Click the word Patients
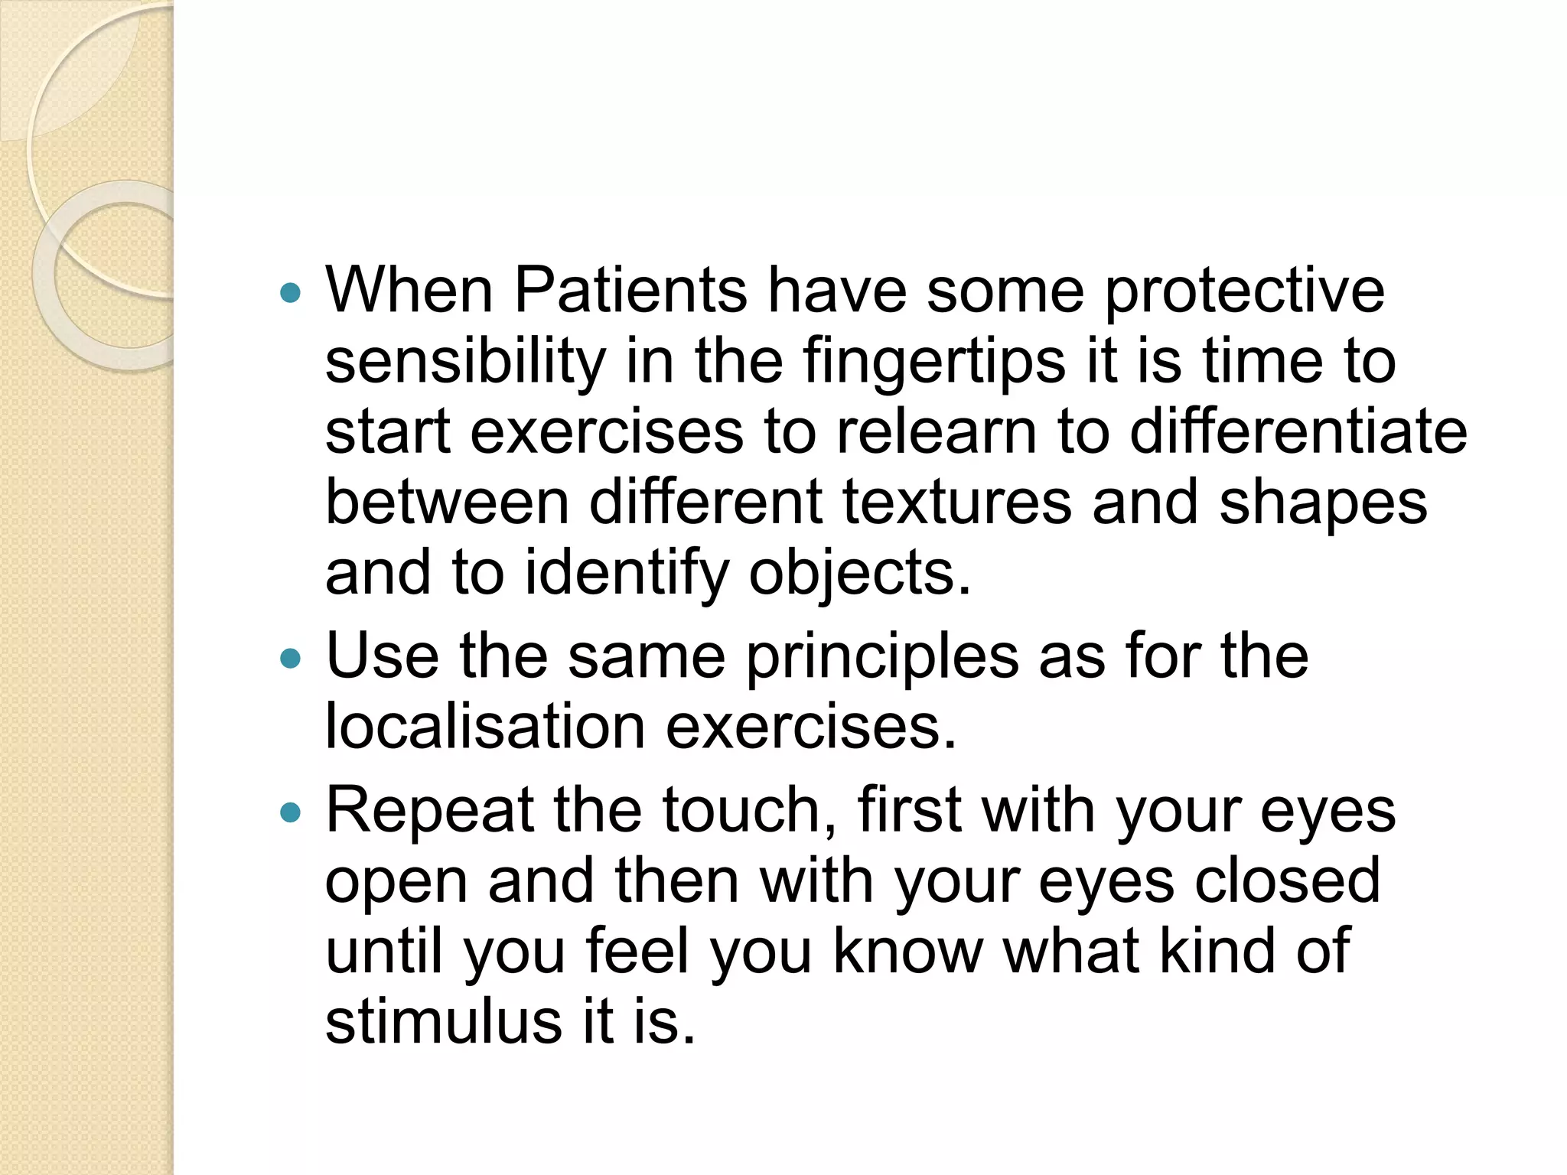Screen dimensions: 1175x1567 (x=630, y=291)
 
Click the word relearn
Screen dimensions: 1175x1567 (x=937, y=431)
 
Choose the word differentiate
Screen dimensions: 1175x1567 (x=1298, y=431)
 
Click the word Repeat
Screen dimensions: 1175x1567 (x=430, y=812)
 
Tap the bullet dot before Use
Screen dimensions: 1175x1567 (x=292, y=657)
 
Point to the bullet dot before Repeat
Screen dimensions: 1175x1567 (x=292, y=812)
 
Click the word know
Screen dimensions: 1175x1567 (x=907, y=951)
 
